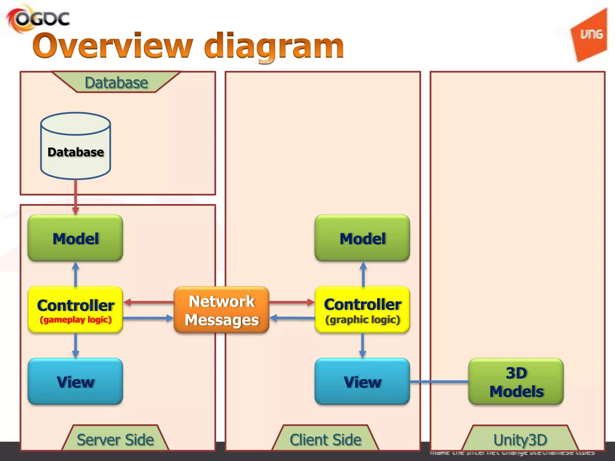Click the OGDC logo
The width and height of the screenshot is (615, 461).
(38, 19)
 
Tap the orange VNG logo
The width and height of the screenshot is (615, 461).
(590, 35)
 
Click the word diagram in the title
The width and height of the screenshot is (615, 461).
(274, 47)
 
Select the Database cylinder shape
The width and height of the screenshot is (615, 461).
(75, 146)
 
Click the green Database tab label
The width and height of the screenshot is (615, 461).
(116, 83)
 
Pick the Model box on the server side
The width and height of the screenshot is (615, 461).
(75, 238)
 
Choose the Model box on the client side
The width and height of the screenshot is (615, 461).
(362, 238)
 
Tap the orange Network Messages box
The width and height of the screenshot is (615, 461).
(221, 310)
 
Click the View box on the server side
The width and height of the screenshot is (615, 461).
(75, 381)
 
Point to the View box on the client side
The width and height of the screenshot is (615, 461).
(362, 381)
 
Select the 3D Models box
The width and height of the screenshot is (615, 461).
(516, 381)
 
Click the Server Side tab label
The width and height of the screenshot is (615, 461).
(115, 439)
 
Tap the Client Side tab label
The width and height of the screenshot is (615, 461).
(325, 439)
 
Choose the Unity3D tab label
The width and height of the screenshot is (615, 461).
(520, 440)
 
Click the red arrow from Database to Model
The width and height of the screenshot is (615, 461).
(76, 197)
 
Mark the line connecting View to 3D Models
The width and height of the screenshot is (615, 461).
(439, 381)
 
